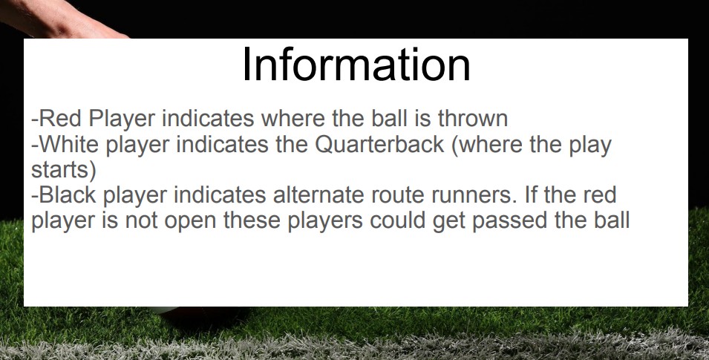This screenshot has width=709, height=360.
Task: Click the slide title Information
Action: click(356, 65)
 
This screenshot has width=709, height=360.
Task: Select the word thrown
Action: click(472, 119)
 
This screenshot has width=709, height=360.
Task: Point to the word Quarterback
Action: click(380, 144)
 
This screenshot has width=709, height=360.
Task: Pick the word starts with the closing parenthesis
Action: click(64, 170)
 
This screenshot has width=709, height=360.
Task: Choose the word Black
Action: click(68, 195)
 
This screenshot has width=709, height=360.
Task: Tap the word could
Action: click(397, 220)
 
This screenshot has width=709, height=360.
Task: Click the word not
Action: click(141, 220)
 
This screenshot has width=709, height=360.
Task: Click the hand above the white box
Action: click(59, 18)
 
